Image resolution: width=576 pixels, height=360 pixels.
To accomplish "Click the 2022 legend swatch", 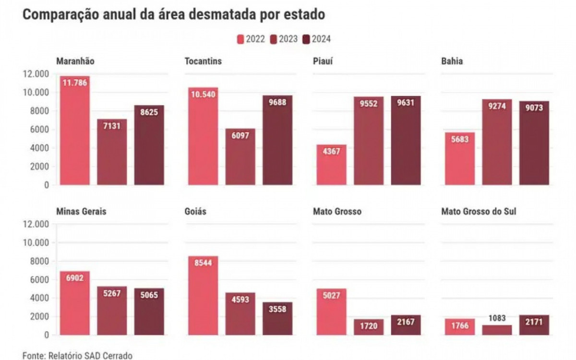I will [x=240, y=39].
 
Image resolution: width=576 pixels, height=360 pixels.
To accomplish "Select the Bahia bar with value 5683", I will [x=459, y=159].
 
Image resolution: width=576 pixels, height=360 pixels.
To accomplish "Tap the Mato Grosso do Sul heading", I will [x=479, y=211].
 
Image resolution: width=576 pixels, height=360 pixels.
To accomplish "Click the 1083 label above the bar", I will [x=497, y=317].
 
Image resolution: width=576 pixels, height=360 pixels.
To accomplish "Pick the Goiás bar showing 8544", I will [x=203, y=295].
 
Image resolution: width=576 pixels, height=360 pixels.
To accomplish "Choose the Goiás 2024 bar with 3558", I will [x=277, y=318].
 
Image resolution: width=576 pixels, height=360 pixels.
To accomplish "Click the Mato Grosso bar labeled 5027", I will [x=331, y=312].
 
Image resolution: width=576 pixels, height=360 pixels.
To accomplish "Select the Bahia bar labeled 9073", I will [x=534, y=143].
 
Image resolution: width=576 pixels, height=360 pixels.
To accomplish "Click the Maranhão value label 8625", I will [x=149, y=111].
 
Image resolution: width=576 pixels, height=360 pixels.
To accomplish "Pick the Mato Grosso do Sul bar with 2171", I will [x=534, y=325].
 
